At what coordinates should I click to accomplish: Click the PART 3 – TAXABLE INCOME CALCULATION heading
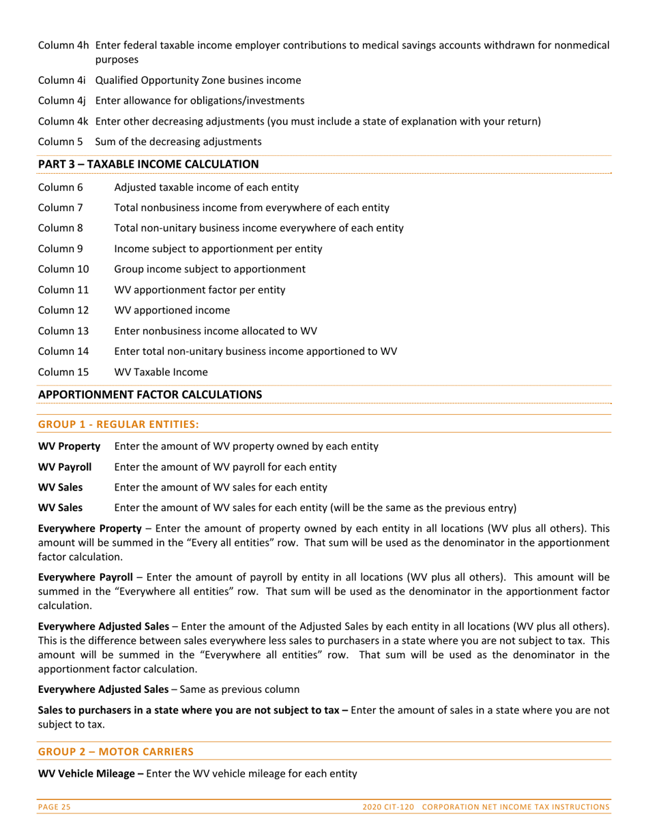[x=148, y=164]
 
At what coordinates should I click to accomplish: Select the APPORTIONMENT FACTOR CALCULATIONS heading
[x=149, y=394]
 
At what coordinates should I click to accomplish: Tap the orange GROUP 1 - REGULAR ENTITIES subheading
[x=118, y=424]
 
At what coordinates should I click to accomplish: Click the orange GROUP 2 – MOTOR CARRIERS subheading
[x=115, y=751]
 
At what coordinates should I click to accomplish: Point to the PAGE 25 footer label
[x=54, y=807]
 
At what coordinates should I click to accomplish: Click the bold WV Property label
[x=69, y=446]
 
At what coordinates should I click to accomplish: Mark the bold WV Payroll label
[x=65, y=467]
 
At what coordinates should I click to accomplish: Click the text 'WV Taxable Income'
[x=161, y=372]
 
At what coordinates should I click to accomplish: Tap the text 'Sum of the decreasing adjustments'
[x=178, y=142]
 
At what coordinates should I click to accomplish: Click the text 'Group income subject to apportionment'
[x=209, y=269]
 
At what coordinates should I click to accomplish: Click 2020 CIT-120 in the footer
[x=389, y=807]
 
